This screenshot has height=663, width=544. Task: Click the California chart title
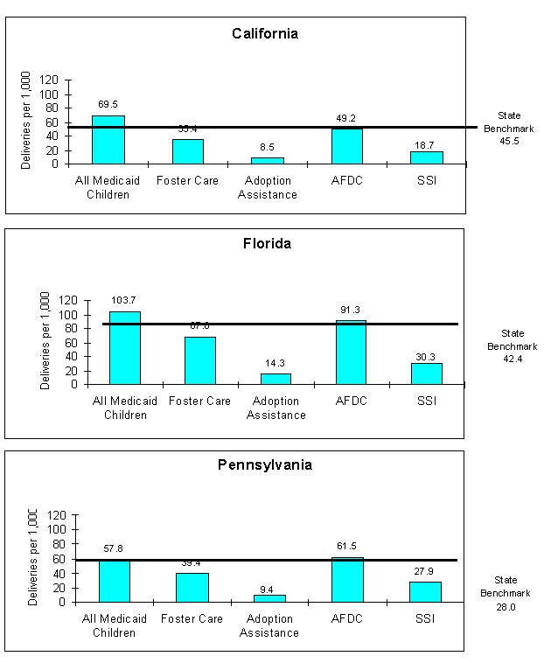265,34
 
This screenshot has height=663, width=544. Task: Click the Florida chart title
267,244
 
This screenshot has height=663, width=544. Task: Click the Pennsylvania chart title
264,465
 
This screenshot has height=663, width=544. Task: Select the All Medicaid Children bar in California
108,140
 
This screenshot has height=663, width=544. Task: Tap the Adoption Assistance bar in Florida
275,379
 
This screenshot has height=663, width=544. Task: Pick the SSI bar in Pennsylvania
425,591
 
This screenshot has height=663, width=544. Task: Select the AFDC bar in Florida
351,352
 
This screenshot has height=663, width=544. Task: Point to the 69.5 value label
108,104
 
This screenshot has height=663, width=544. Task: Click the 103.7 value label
124,300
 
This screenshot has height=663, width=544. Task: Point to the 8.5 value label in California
268,148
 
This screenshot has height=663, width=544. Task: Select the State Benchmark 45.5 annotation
509,128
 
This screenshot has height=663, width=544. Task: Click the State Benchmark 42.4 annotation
513,345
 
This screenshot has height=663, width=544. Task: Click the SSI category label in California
426,181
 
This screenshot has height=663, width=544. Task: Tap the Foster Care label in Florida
200,401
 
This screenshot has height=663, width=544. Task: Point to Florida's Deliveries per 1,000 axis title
45,341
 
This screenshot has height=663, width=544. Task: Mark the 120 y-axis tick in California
49,80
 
